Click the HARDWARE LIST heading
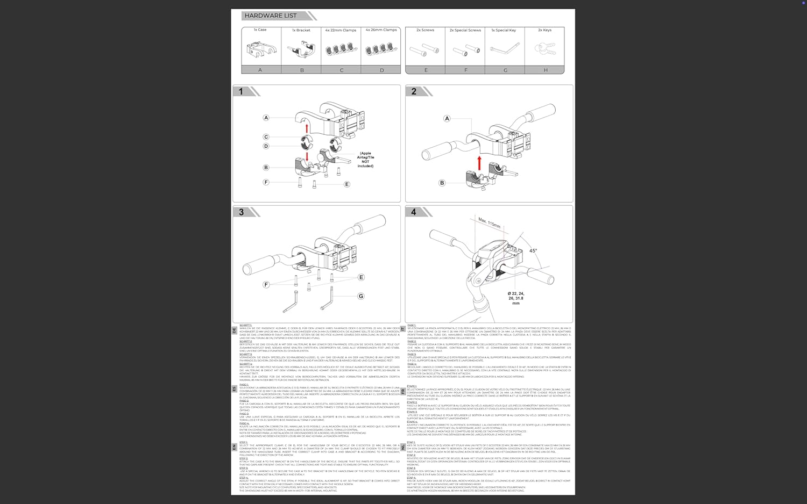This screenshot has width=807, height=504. (270, 16)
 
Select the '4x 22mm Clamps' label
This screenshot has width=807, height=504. (341, 30)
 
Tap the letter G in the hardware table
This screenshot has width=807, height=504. (505, 70)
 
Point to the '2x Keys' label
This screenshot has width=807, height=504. (544, 30)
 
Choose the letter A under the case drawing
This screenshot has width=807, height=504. (260, 70)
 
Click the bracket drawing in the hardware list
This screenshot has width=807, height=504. (301, 50)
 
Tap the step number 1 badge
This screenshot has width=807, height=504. (240, 91)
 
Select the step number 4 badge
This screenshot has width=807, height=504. (413, 212)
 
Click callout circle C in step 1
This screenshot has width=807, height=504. (266, 137)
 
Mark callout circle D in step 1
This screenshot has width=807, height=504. (266, 146)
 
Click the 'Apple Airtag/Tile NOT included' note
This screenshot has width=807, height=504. (365, 160)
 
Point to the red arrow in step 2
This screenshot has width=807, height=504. (479, 162)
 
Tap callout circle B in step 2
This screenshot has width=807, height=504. (442, 183)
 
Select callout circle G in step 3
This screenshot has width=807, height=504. (361, 296)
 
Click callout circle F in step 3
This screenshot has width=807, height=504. (266, 285)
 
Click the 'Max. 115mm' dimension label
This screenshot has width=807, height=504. (490, 222)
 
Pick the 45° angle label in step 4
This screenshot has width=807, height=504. (533, 251)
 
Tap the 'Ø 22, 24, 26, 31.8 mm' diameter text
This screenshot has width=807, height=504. (515, 298)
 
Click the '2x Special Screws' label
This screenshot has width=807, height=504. (465, 30)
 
